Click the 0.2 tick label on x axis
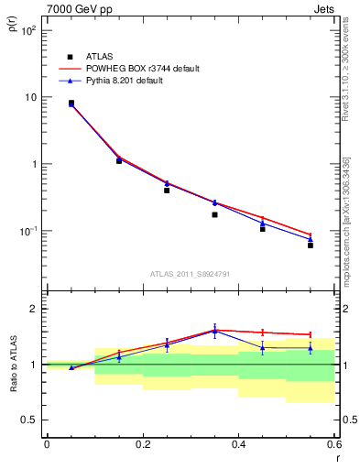tap(142, 444)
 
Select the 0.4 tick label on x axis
tap(238, 444)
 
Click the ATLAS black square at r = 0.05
tap(71, 104)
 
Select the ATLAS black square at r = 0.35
tap(214, 214)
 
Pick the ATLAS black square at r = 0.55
tap(311, 245)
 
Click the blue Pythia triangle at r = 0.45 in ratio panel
tap(263, 348)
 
